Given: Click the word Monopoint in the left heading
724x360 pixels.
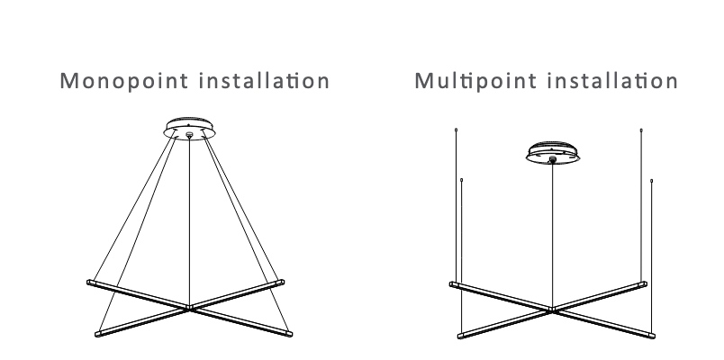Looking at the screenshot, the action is pyautogui.click(x=124, y=81).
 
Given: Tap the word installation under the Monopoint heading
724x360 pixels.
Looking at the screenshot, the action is pyautogui.click(x=264, y=80).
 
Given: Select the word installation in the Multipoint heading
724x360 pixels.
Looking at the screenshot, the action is pyautogui.click(x=612, y=80).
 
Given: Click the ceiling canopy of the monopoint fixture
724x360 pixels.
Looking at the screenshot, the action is pyautogui.click(x=189, y=128).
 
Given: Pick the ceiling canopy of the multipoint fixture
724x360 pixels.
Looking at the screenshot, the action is pyautogui.click(x=553, y=152).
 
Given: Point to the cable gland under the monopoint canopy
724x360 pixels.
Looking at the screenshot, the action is pyautogui.click(x=189, y=135).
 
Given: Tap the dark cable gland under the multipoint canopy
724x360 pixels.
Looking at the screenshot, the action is pyautogui.click(x=553, y=159).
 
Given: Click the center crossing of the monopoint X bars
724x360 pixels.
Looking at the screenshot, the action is pyautogui.click(x=189, y=308).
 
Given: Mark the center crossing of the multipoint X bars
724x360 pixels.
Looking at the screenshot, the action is pyautogui.click(x=552, y=310).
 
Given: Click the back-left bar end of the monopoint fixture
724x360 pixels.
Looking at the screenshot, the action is pyautogui.click(x=89, y=282).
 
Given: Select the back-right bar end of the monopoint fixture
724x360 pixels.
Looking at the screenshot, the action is pyautogui.click(x=281, y=282).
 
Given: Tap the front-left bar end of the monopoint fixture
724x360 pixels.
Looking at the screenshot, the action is pyautogui.click(x=98, y=334).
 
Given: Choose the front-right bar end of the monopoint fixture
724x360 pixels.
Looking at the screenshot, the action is pyautogui.click(x=289, y=333).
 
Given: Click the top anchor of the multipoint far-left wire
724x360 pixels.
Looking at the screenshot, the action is pyautogui.click(x=457, y=130).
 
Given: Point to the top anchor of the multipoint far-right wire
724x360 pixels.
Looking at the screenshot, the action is pyautogui.click(x=651, y=181).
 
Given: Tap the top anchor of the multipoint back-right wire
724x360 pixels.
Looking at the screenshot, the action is pyautogui.click(x=641, y=130).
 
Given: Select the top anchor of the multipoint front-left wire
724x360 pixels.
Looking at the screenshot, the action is pyautogui.click(x=462, y=180).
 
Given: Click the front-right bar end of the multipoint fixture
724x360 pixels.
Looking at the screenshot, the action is pyautogui.click(x=652, y=336).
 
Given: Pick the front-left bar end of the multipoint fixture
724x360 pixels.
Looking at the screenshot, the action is pyautogui.click(x=461, y=336).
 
